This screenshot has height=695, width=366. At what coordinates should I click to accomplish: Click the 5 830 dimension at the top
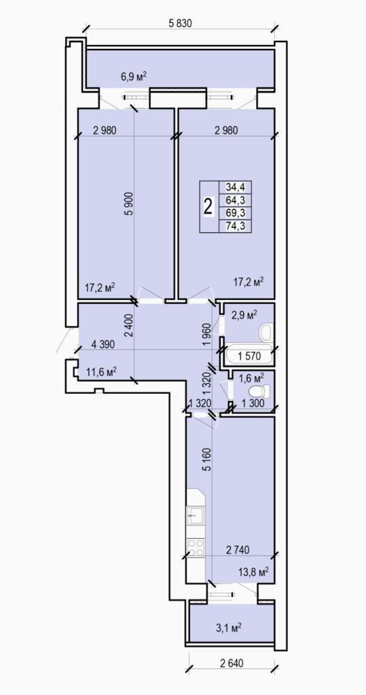tap(180, 24)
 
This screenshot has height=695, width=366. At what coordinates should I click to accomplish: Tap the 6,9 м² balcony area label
tap(134, 77)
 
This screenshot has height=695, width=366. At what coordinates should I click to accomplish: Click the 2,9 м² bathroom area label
tap(244, 315)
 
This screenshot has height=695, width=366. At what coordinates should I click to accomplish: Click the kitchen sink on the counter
tap(196, 516)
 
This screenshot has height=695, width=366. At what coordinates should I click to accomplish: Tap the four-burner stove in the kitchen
tap(196, 547)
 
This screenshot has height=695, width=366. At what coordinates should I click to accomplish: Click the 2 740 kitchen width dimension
tap(238, 550)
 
